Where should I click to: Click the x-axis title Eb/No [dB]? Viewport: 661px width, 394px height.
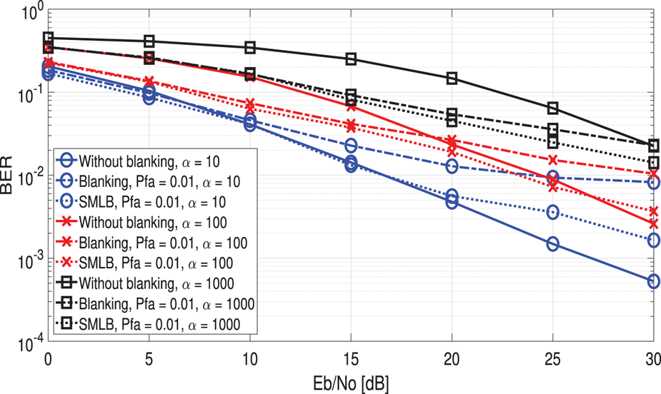tap(349, 381)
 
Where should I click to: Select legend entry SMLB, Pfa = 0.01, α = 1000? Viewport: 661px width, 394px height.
tap(159, 325)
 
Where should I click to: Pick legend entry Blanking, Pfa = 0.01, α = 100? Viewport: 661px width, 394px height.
tap(164, 242)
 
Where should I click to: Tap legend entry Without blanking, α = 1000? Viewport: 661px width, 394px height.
tap(155, 283)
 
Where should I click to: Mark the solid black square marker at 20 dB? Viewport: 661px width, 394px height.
tap(452, 78)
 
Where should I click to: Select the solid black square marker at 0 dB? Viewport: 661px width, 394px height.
tap(48, 38)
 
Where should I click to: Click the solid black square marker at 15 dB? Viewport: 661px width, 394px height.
tap(351, 59)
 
